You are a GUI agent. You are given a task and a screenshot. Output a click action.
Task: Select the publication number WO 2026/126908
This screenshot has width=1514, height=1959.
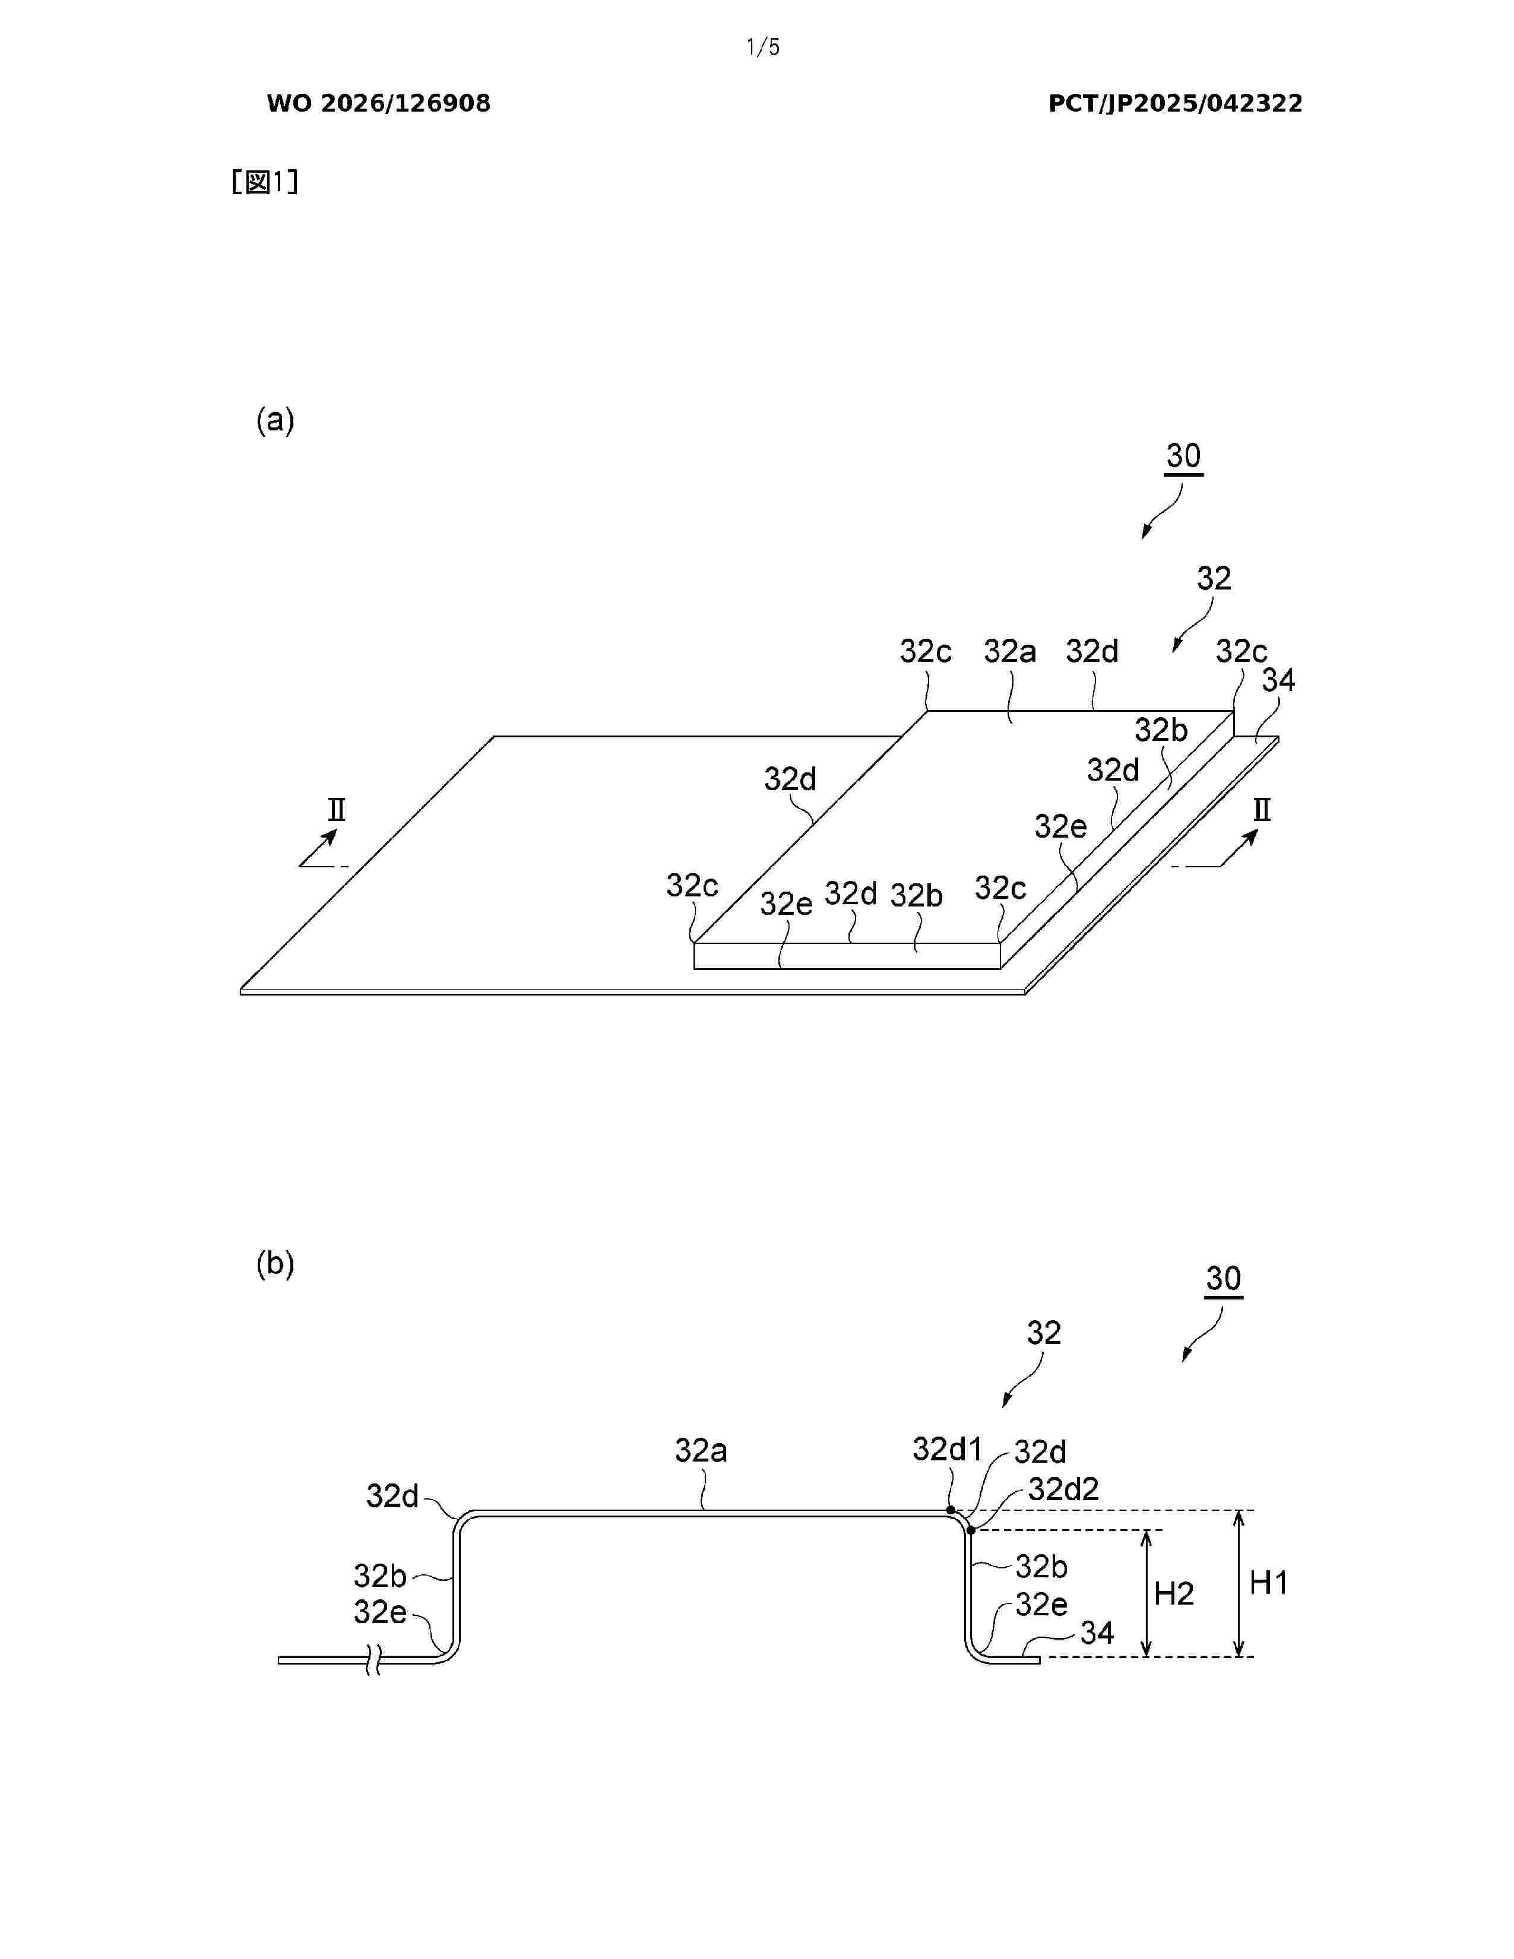tap(379, 103)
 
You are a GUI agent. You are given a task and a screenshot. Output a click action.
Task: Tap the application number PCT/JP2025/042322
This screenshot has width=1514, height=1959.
tap(1175, 103)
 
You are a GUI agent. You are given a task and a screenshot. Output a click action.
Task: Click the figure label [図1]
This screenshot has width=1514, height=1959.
tap(265, 182)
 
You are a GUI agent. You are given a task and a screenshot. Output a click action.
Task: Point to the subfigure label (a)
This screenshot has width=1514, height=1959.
tap(275, 420)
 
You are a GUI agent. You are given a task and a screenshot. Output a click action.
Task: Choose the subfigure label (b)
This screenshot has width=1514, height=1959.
tap(275, 1264)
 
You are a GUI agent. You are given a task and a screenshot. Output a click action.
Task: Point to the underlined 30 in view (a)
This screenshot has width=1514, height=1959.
tap(1184, 458)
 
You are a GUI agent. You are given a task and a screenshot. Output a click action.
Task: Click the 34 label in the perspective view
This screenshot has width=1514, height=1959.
tap(1278, 681)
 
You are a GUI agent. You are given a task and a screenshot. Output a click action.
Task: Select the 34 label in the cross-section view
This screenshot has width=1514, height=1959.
tap(1097, 1632)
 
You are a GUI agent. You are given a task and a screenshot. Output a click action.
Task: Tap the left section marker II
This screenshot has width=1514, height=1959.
tap(336, 810)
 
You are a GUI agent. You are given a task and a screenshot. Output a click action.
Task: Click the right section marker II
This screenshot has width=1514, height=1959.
tap(1261, 810)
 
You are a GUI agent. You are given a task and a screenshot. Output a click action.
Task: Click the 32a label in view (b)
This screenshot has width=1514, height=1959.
tap(701, 1450)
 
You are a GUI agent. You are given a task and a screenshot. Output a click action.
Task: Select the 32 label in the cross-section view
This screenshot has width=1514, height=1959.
tap(1043, 1332)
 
